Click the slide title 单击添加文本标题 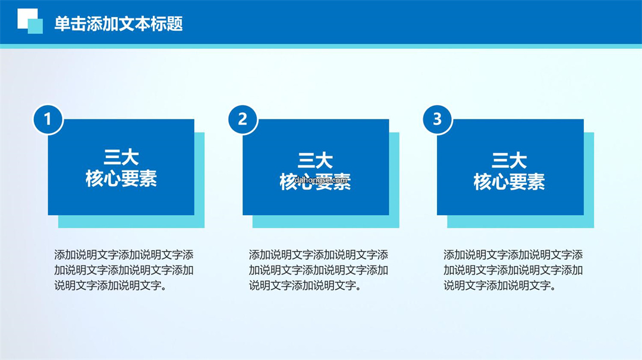[118, 24]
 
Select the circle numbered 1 [48, 119]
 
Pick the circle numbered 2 [243, 119]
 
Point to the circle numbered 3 [438, 119]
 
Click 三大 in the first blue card [121, 157]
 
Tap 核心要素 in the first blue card [121, 178]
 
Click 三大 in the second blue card [315, 160]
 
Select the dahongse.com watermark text [321, 179]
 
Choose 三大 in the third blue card [509, 160]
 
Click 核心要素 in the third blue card [509, 181]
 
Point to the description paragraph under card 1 [124, 270]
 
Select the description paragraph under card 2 [319, 270]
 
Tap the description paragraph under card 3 [513, 270]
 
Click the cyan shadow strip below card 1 [131, 222]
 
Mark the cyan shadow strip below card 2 [326, 222]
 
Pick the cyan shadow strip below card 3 [520, 222]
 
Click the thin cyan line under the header [321, 46]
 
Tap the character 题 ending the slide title [175, 24]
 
